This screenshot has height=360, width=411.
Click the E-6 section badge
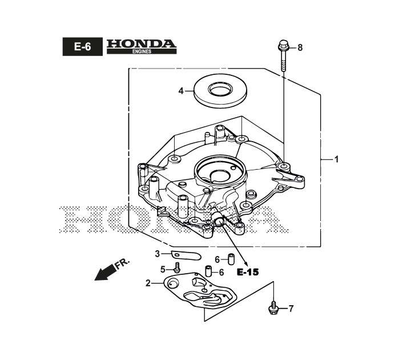pyautogui.click(x=83, y=47)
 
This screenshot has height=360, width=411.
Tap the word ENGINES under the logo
pyautogui.click(x=142, y=51)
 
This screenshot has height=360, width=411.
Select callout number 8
pyautogui.click(x=300, y=48)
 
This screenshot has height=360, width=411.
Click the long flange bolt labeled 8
pyautogui.click(x=283, y=55)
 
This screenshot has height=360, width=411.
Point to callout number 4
pyautogui.click(x=181, y=91)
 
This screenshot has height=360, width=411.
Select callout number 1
pyautogui.click(x=337, y=159)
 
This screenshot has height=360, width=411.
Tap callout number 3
pyautogui.click(x=158, y=254)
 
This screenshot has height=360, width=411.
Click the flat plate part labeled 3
pyautogui.click(x=186, y=255)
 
